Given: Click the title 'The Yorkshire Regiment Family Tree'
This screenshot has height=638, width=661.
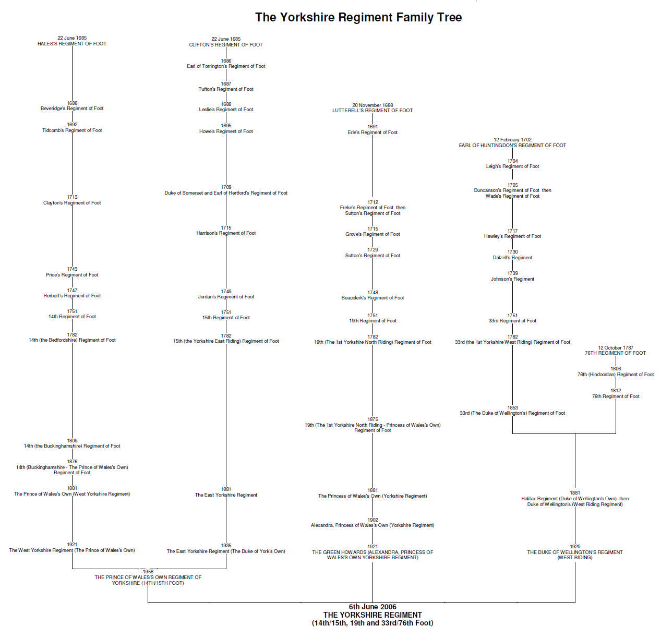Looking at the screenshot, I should pyautogui.click(x=358, y=17).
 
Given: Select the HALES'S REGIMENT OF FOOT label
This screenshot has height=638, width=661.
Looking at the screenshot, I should pyautogui.click(x=72, y=44).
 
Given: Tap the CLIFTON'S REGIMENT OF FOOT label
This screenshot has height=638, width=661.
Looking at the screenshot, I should pyautogui.click(x=226, y=45).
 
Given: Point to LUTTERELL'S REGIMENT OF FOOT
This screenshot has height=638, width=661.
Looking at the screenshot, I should pyautogui.click(x=372, y=111).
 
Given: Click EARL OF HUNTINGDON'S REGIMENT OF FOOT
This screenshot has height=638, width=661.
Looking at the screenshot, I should pyautogui.click(x=512, y=146).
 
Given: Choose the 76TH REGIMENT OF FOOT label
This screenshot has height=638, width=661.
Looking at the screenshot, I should pyautogui.click(x=615, y=353).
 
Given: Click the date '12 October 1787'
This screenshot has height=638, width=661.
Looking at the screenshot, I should pyautogui.click(x=616, y=348).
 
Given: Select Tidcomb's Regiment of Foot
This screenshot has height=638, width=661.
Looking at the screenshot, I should pyautogui.click(x=72, y=130).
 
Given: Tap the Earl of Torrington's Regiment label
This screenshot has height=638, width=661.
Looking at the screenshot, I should pyautogui.click(x=226, y=66).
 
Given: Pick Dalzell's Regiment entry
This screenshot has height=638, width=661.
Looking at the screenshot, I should pyautogui.click(x=512, y=258).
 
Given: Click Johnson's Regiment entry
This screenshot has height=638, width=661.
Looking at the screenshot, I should pyautogui.click(x=512, y=279).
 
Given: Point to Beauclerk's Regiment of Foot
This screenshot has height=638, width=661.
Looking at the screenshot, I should pyautogui.click(x=372, y=298).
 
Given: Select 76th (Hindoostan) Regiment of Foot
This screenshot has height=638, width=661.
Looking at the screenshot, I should pyautogui.click(x=616, y=375).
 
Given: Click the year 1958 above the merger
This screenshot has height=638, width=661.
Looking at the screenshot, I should pyautogui.click(x=148, y=572).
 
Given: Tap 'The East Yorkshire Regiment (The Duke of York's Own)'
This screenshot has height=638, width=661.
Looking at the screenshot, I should pyautogui.click(x=226, y=551).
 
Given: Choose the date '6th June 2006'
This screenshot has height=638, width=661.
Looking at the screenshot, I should pyautogui.click(x=372, y=607).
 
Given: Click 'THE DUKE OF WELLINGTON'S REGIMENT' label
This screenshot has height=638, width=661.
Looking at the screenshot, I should pyautogui.click(x=575, y=552).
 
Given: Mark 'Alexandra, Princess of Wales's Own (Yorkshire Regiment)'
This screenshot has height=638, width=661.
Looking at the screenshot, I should pyautogui.click(x=372, y=525).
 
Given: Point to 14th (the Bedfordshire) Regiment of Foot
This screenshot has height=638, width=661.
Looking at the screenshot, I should pyautogui.click(x=72, y=340).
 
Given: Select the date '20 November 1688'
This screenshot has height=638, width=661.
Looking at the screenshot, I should pyautogui.click(x=372, y=105).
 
